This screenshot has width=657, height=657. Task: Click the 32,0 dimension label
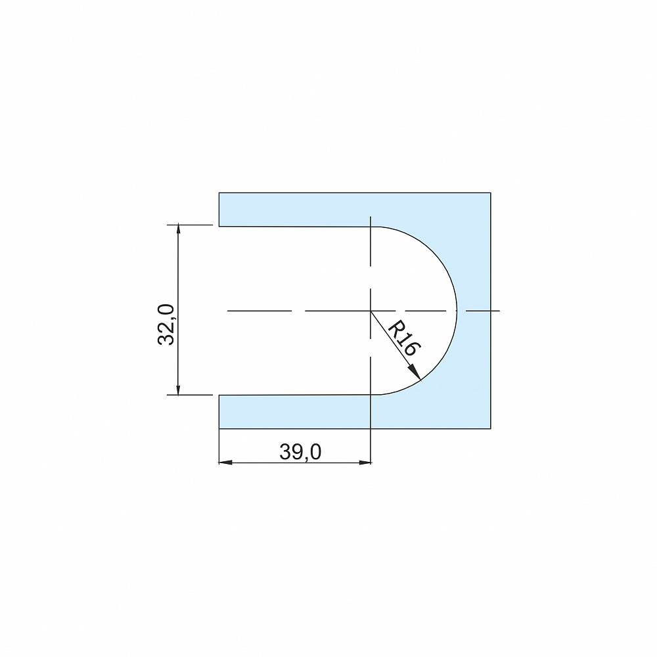(x=166, y=325)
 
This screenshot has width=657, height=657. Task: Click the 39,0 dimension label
(x=300, y=452)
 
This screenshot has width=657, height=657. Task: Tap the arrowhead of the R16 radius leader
(x=416, y=373)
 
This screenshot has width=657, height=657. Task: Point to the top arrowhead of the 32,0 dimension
(x=179, y=230)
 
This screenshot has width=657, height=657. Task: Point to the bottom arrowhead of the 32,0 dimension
(x=179, y=389)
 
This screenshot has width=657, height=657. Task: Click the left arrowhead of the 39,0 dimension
(x=225, y=463)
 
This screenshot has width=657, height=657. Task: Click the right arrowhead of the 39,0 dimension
(x=365, y=463)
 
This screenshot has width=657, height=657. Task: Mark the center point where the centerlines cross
(x=371, y=311)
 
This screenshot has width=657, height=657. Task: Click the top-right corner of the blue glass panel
(x=491, y=193)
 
